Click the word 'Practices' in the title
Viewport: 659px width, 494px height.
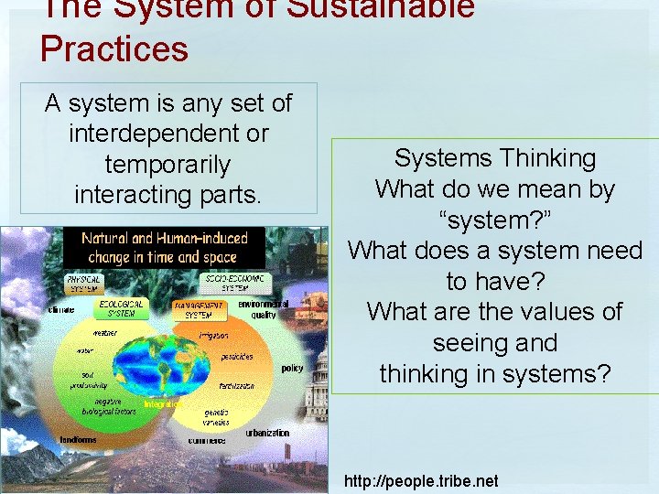point(114,48)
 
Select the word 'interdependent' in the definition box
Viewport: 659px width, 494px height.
point(168,134)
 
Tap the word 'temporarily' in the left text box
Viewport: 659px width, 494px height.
point(167,166)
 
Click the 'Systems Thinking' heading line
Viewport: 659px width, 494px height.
point(495,158)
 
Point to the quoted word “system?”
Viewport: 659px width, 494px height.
point(495,220)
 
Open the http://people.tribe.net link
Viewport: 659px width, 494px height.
point(421,480)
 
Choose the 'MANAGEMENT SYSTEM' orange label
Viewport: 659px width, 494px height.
point(200,309)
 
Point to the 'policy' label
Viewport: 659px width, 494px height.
point(292,368)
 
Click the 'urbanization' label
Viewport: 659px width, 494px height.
point(267,433)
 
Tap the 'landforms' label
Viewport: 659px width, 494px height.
point(78,440)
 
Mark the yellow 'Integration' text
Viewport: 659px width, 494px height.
point(163,403)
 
